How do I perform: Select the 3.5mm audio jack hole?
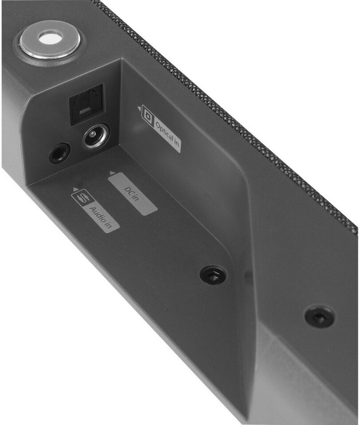60,154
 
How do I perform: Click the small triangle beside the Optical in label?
139,109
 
